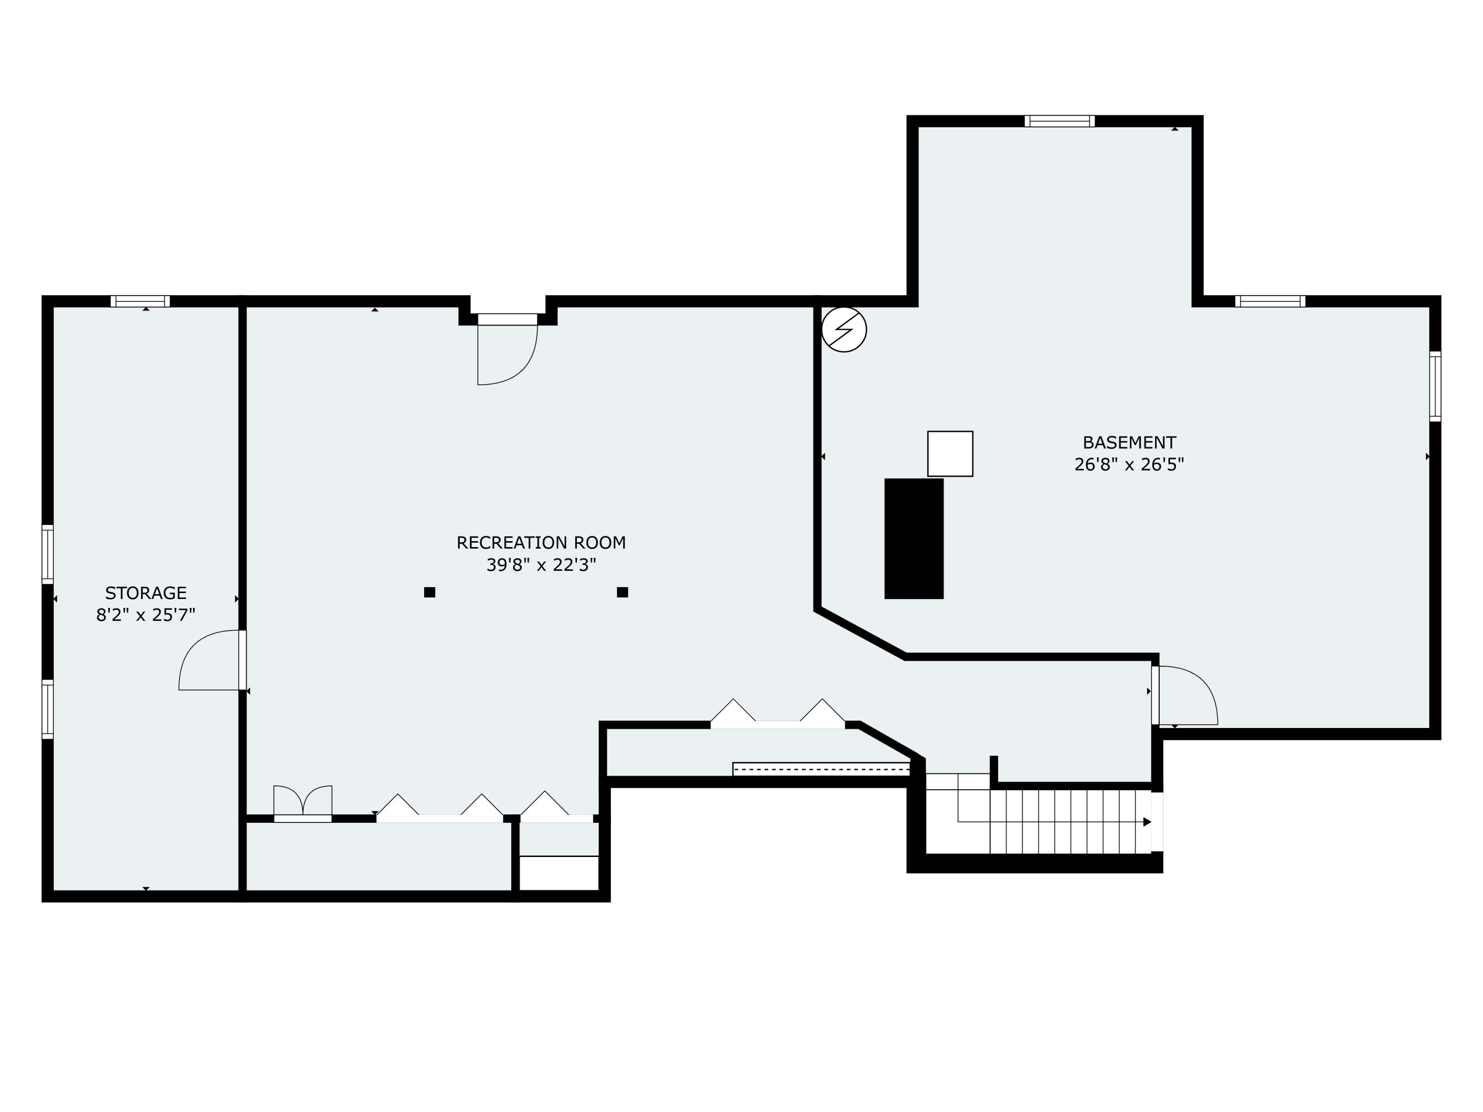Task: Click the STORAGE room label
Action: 145,593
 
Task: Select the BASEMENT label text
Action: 1129,443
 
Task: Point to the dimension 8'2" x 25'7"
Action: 145,615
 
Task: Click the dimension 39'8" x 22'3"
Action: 541,565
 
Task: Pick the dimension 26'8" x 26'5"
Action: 1129,465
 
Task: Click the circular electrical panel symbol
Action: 844,329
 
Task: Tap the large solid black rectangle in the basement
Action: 914,538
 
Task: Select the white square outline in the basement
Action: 950,454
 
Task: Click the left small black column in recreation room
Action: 430,592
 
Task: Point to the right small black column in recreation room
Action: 622,592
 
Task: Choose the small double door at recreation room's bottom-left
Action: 303,802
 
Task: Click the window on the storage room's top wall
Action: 140,301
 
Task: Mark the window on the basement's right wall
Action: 1435,386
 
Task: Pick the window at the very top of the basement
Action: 1059,121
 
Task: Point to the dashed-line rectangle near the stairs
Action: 821,769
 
